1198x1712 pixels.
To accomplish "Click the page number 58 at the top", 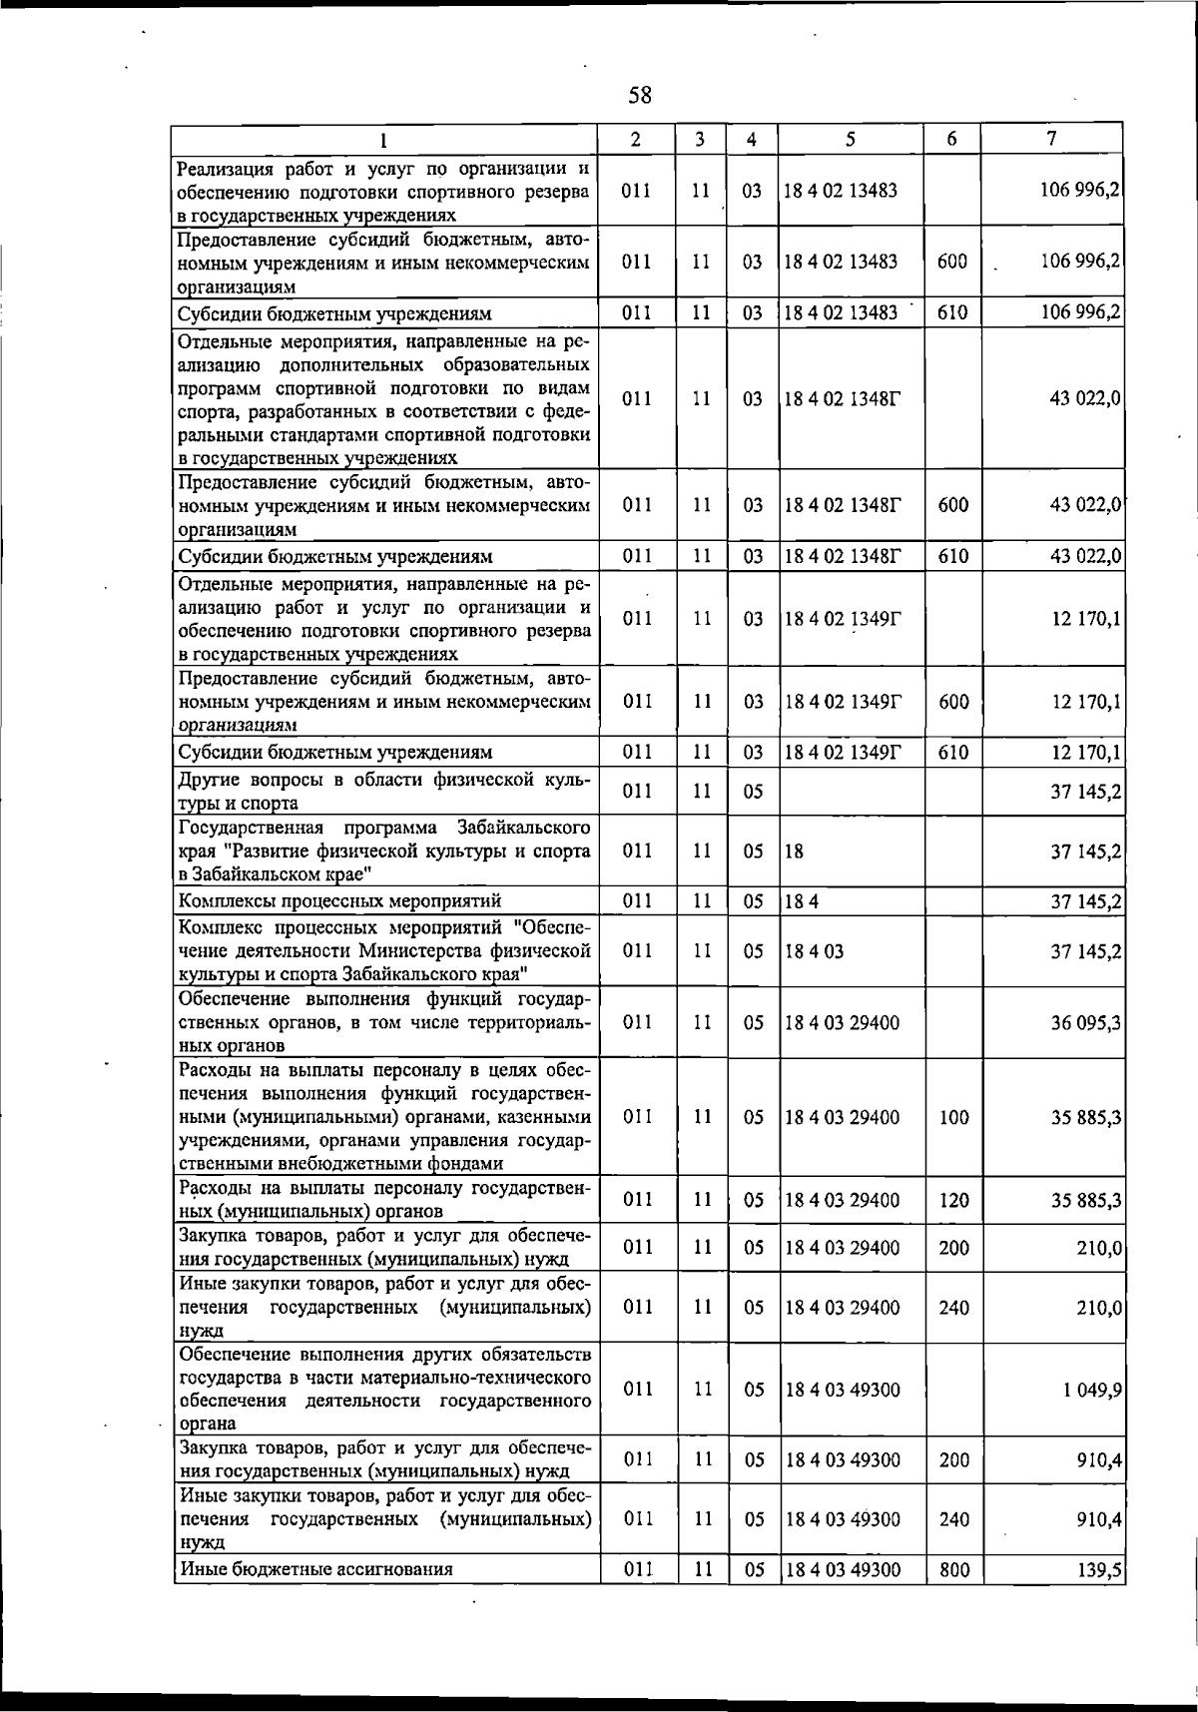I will (640, 96).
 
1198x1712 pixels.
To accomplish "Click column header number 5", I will (850, 140).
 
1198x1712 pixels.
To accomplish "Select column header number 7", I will (1051, 140).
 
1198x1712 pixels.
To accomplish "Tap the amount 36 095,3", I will (1085, 1023).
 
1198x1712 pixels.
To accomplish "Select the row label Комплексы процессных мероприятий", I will (339, 902).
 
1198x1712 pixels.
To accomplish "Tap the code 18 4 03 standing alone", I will (814, 951).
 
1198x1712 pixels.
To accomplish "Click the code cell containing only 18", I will (794, 852).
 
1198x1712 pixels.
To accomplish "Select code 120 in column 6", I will (953, 1200).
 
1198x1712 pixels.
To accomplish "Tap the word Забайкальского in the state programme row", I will (523, 828).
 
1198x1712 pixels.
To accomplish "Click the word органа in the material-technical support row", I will (207, 1425).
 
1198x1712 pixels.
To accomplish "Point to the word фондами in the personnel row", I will (471, 1164).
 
